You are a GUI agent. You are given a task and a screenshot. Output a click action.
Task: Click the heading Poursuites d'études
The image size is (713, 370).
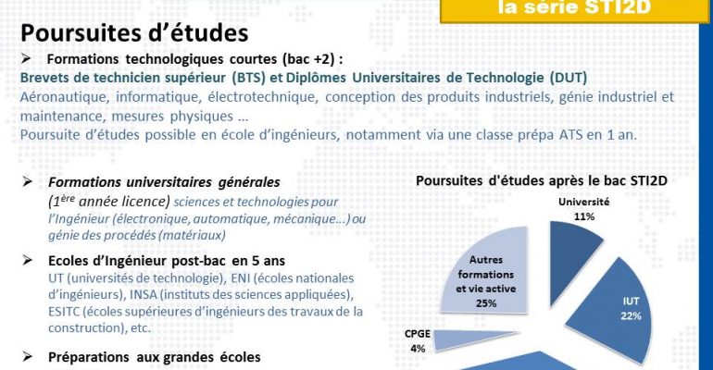[134, 33]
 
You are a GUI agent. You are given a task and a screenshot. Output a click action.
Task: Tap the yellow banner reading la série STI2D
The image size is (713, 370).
[574, 10]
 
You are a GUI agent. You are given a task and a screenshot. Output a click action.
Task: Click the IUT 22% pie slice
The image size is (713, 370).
[615, 310]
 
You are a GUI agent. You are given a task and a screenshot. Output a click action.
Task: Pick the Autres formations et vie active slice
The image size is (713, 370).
[489, 271]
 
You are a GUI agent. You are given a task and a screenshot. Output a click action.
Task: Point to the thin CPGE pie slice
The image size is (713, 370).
[473, 340]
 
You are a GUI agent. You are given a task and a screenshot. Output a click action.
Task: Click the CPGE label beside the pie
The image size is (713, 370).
[417, 334]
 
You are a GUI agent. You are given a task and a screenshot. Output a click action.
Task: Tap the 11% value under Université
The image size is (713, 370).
[584, 216]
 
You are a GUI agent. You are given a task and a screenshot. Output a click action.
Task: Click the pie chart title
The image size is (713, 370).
[541, 180]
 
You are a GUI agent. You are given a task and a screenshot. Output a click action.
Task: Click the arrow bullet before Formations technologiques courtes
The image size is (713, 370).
[26, 58]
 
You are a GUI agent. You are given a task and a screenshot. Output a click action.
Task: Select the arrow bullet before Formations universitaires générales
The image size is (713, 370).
[27, 181]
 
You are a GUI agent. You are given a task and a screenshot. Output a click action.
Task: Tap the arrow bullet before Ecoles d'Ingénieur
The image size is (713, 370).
[27, 260]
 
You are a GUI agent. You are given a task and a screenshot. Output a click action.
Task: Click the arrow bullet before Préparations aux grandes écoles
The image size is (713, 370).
[27, 357]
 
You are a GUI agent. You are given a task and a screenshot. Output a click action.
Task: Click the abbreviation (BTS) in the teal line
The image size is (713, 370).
[248, 78]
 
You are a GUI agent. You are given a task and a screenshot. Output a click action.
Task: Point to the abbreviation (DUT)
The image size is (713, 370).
[568, 78]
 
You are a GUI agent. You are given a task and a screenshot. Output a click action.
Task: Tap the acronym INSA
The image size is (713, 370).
[144, 295]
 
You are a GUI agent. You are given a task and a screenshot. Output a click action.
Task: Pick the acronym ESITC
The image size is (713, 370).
[64, 312]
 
